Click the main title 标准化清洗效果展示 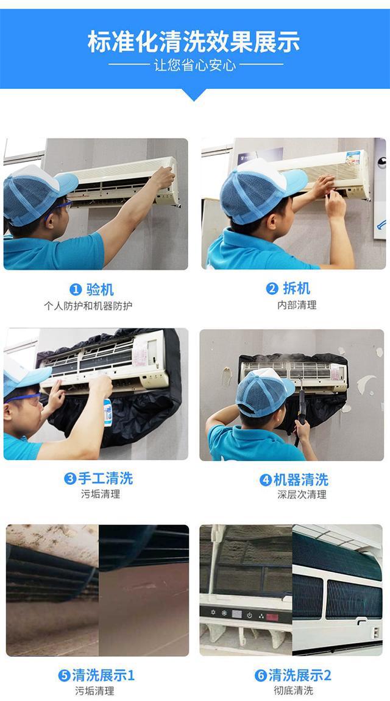tap(194, 41)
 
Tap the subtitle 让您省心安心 tap(195, 65)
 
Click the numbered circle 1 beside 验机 tap(76, 290)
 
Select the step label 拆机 tap(297, 288)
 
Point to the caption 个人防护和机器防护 tap(88, 306)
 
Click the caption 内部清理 tap(297, 305)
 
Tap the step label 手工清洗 tap(105, 478)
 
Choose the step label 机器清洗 tap(301, 480)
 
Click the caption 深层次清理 tap(302, 495)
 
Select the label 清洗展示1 tap(104, 675)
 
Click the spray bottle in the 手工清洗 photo tap(107, 412)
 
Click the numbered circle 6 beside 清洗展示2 tap(261, 675)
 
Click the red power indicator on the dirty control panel tap(272, 618)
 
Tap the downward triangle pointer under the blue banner tap(194, 94)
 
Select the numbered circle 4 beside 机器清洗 tap(266, 480)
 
